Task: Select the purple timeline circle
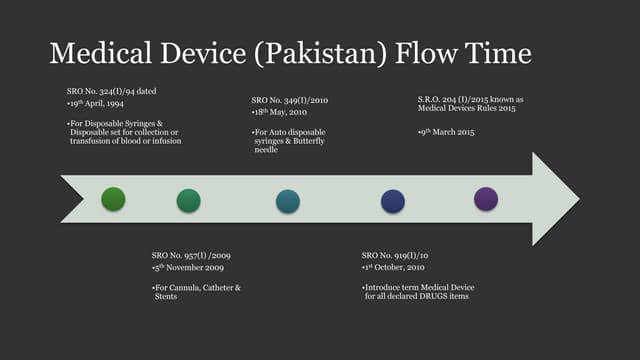click(x=486, y=198)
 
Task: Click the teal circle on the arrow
click(x=288, y=201)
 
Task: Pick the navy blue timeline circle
click(x=393, y=201)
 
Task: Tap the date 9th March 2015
click(x=446, y=132)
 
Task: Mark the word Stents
click(x=166, y=297)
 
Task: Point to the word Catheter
click(x=220, y=288)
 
